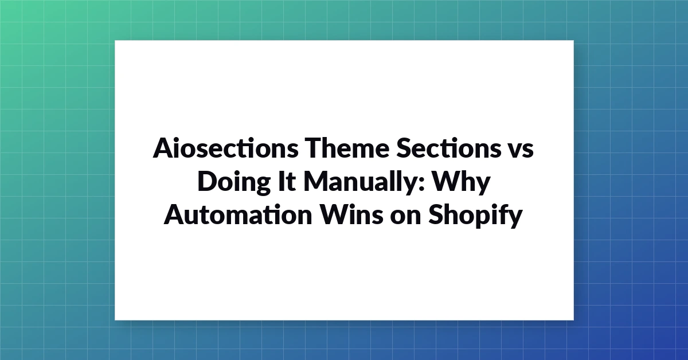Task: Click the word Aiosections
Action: click(x=225, y=148)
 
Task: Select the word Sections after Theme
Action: click(x=449, y=148)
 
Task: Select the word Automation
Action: click(x=238, y=214)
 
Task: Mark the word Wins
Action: click(x=351, y=214)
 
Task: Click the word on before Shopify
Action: click(x=405, y=218)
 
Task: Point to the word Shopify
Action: click(x=475, y=216)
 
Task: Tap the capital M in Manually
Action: click(x=317, y=181)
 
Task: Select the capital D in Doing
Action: click(x=209, y=181)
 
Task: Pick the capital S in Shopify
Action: click(x=436, y=214)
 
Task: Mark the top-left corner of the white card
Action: click(x=115, y=40)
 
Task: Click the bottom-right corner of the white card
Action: click(x=574, y=320)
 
